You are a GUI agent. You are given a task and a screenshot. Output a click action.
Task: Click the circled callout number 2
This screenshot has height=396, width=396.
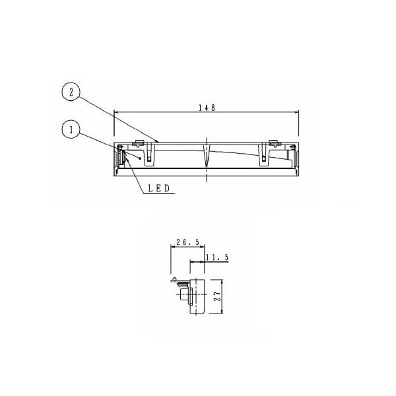(x=71, y=92)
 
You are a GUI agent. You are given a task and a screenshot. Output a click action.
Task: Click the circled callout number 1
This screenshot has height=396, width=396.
(x=71, y=130)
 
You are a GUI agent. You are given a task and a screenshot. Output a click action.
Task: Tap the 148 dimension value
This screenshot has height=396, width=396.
(x=207, y=108)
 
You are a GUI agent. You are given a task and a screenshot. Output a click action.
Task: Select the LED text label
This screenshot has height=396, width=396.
(x=158, y=188)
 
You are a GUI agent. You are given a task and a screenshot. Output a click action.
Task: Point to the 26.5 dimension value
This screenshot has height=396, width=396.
(x=188, y=242)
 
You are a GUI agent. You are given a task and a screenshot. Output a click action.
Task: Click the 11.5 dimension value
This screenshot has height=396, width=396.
(x=217, y=257)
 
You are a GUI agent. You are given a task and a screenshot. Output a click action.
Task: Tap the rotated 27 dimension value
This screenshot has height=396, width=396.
(x=217, y=296)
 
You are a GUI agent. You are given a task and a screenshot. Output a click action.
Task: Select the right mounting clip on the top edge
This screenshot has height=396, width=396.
(x=275, y=143)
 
